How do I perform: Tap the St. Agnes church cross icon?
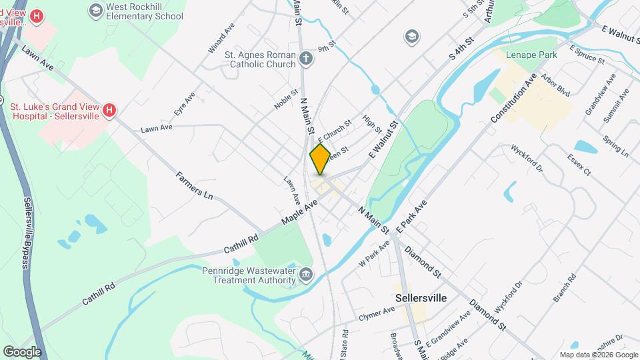[x=306, y=59]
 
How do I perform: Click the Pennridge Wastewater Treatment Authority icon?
[x=306, y=274]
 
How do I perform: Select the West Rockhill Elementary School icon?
[x=95, y=11]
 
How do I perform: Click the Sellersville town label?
[x=421, y=297]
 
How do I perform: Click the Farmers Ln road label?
[x=194, y=187]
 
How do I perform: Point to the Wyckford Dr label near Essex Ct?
[x=528, y=157]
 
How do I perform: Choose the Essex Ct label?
[x=579, y=163]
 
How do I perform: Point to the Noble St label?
[x=285, y=99]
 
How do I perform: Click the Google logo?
[x=22, y=351]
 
